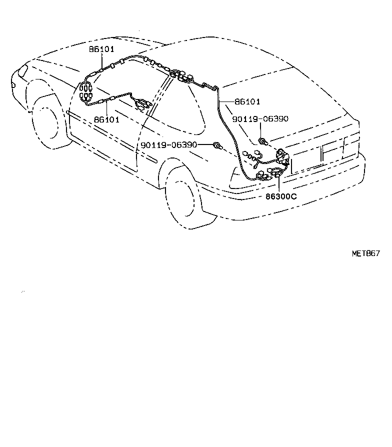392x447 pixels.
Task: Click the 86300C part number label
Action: coord(281,196)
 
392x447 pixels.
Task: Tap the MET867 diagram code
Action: coord(366,253)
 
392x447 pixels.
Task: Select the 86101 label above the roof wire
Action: coord(101,49)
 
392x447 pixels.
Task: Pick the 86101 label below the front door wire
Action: coord(106,119)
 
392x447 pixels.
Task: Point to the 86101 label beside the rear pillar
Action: coord(247,101)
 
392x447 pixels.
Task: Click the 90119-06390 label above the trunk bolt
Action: coord(260,118)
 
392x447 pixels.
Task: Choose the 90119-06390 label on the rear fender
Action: coord(169,145)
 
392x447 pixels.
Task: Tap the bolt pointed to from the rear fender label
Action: coord(218,146)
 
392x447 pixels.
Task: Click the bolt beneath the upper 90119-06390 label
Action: coord(262,141)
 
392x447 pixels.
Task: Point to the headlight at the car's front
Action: coord(22,70)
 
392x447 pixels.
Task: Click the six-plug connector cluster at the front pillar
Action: coord(86,90)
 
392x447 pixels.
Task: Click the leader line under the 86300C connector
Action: coord(278,185)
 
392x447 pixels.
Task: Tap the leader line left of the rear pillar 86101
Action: coord(227,101)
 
